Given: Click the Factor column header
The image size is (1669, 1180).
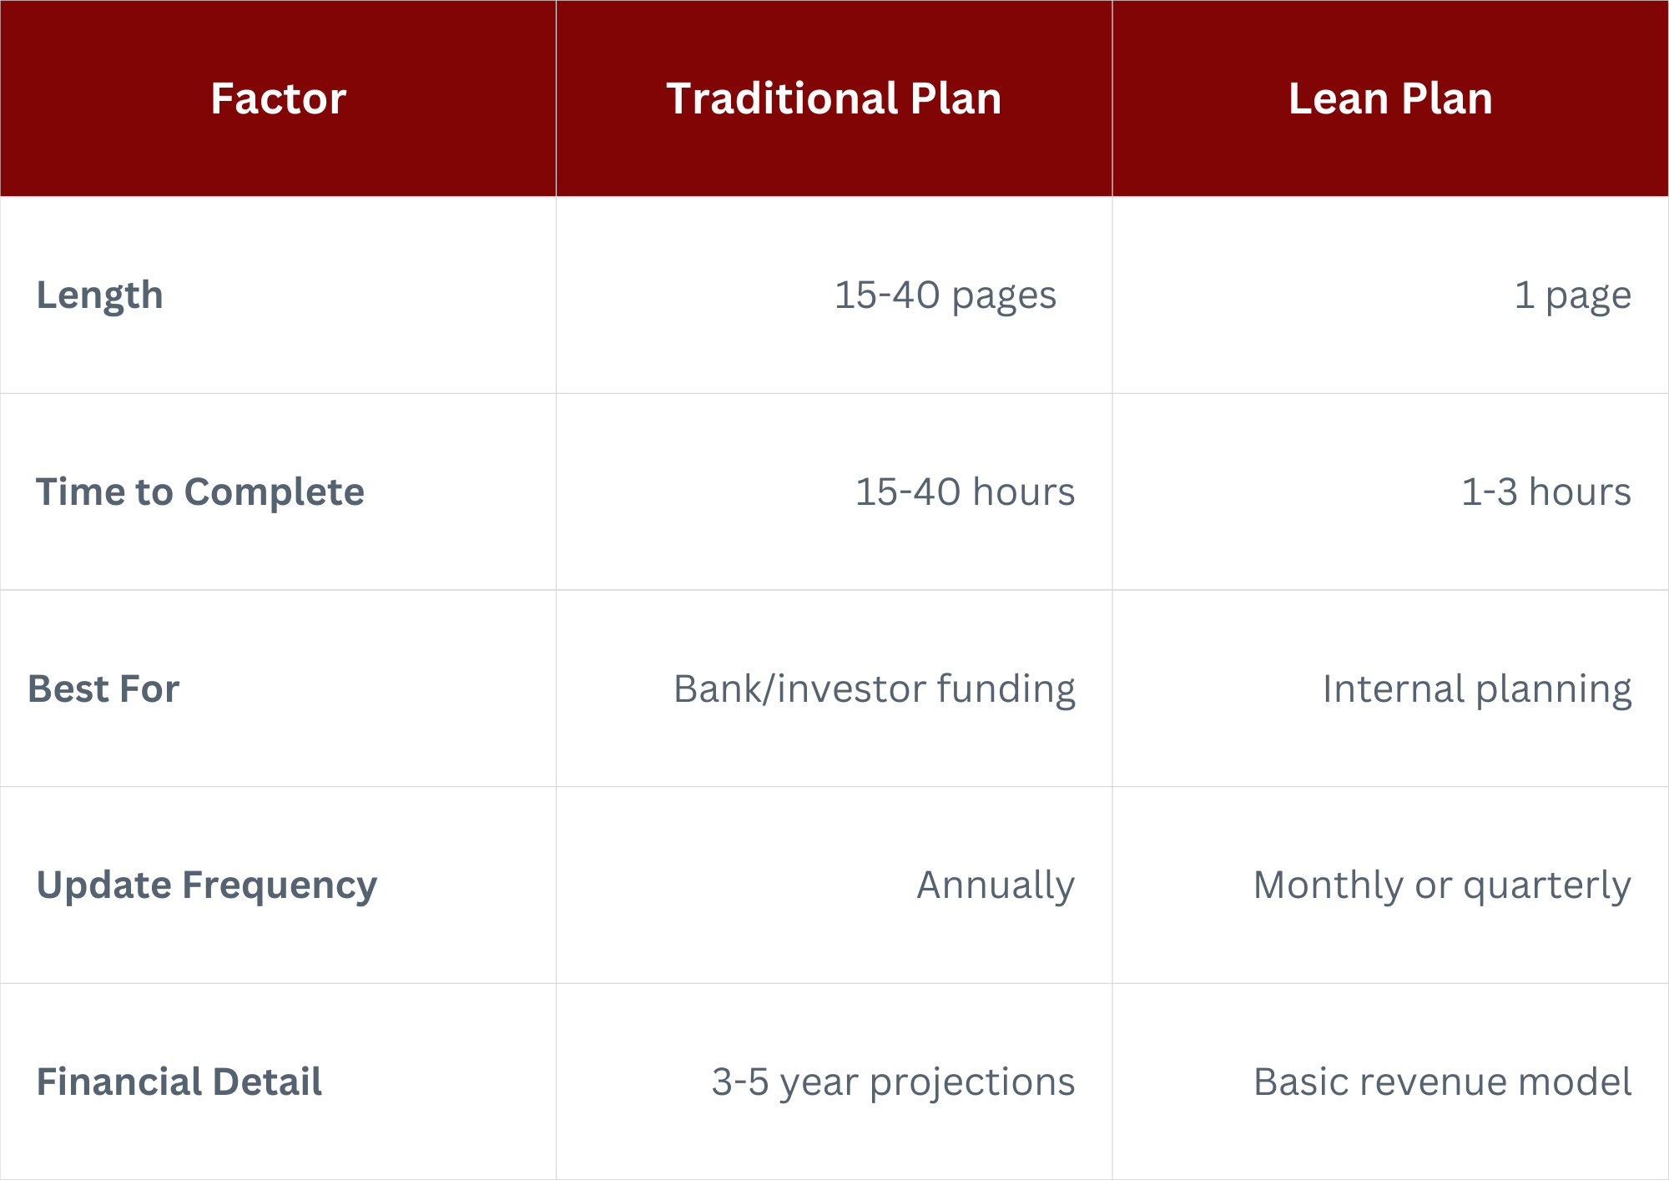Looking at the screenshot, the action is coord(278,98).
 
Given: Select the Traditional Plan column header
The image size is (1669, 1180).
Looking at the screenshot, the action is coord(834,98).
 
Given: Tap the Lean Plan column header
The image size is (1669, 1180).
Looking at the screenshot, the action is coord(1390,98).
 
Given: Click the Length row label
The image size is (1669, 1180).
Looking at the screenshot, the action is coord(99,296).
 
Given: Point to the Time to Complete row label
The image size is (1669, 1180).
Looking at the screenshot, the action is coord(200,492).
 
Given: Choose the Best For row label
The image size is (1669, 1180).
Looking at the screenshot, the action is coord(103,689).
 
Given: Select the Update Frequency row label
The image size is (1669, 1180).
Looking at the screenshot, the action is coord(207,886).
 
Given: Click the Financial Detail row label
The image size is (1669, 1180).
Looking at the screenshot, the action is coord(179,1082).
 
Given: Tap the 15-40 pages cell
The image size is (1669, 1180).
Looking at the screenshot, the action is coord(945,296).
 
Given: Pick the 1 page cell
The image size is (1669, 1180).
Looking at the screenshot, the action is coord(1573,296).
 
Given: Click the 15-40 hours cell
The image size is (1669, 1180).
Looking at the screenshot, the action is coord(966,492).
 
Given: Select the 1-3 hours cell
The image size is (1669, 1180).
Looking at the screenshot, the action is coord(1546,492).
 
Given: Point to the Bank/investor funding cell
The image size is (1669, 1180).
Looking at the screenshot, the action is coord(875,689).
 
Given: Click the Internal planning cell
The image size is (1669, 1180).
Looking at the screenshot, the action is coord(1477,689).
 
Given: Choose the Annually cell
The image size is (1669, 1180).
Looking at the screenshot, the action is coord(996,886).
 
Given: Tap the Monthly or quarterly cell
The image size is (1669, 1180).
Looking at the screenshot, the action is coord(1443,886).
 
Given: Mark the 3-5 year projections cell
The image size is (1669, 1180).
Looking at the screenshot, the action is coord(894,1082).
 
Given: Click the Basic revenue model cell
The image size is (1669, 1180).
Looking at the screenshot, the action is coord(1443,1082).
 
